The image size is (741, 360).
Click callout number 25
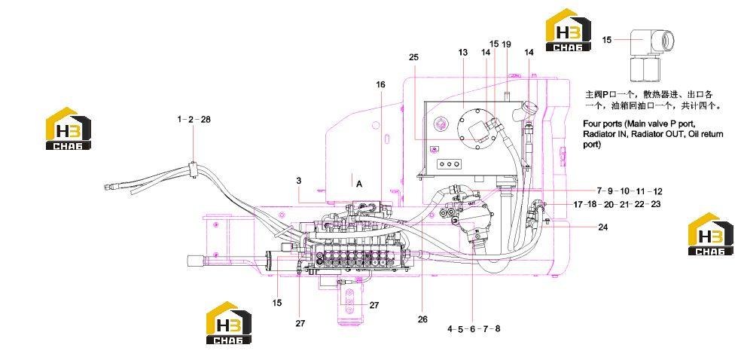tap(413, 57)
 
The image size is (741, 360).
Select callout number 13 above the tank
tap(462, 52)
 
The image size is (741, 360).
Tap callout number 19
tap(506, 44)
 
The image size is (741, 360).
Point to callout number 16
tap(381, 84)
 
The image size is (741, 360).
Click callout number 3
tap(299, 181)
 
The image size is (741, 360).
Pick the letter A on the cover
tap(359, 184)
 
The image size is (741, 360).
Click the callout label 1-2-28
tap(194, 120)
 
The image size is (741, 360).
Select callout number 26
tap(422, 319)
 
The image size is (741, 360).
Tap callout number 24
tap(602, 227)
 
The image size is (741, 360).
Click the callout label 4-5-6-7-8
tap(474, 329)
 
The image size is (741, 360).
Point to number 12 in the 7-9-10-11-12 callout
tap(657, 191)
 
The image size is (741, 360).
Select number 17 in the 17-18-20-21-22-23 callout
tap(578, 205)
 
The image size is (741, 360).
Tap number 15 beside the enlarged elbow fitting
tap(607, 40)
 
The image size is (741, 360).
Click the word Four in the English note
tap(590, 124)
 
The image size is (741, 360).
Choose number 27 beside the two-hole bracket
tap(374, 305)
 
